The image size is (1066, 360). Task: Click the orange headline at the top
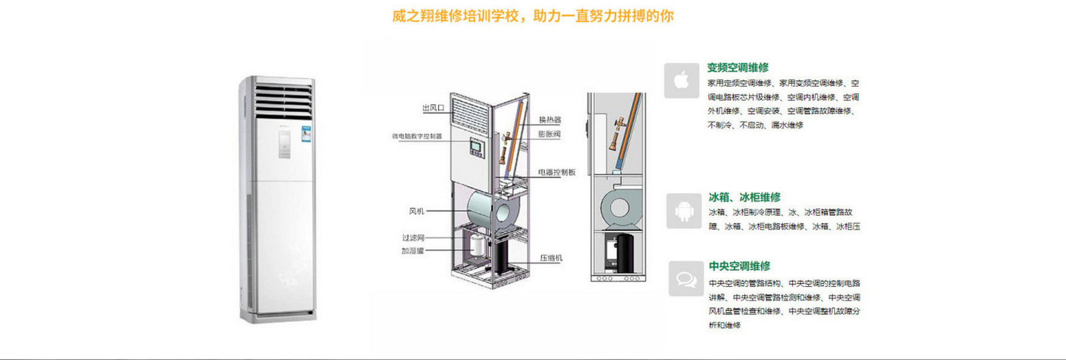click(x=532, y=16)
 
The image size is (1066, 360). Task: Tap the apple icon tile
click(x=681, y=80)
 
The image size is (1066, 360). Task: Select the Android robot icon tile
click(x=684, y=211)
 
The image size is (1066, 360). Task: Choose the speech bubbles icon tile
click(x=686, y=279)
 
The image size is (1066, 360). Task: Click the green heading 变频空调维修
click(x=738, y=68)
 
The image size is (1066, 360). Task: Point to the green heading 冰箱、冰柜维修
click(x=744, y=197)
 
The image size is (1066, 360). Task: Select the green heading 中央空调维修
click(x=739, y=266)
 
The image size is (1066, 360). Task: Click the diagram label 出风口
click(x=433, y=108)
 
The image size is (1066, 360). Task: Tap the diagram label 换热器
click(x=550, y=120)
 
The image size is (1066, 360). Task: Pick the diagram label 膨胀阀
click(x=549, y=134)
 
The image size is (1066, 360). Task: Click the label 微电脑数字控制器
click(x=417, y=136)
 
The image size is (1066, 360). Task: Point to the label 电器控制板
click(x=556, y=172)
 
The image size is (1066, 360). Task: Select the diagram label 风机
click(x=416, y=211)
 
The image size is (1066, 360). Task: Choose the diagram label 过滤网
click(x=413, y=238)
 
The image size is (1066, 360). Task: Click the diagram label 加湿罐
click(x=412, y=251)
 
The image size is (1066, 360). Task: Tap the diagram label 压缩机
click(x=551, y=258)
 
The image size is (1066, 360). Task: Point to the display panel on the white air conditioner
click(x=284, y=144)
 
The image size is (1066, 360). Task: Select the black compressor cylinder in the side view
click(x=625, y=253)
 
